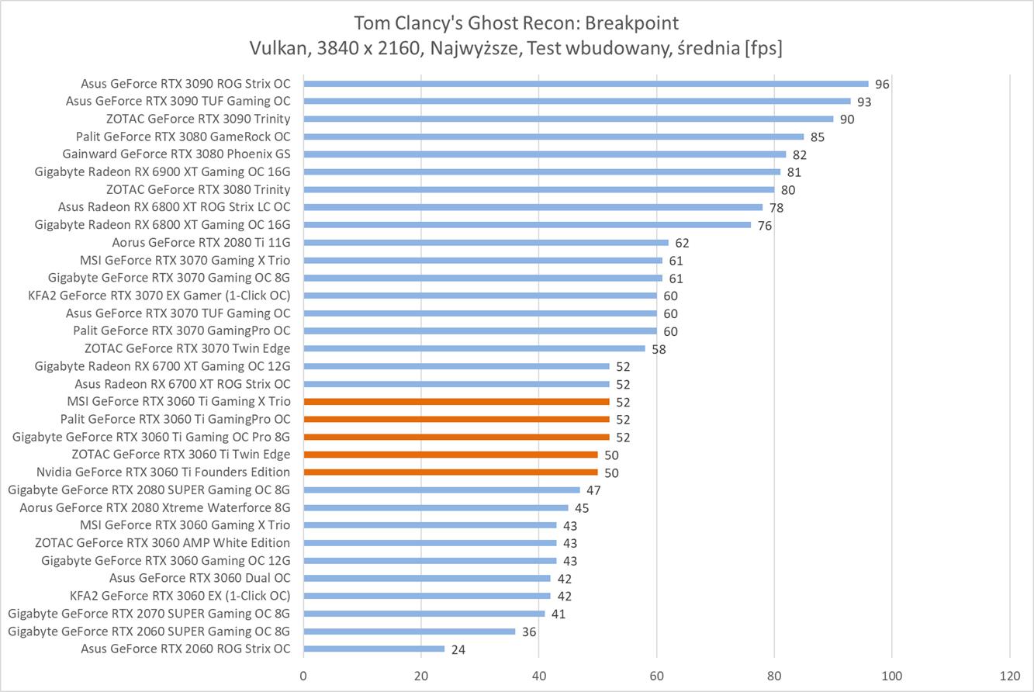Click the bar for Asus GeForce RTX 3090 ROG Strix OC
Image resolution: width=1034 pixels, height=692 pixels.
click(586, 84)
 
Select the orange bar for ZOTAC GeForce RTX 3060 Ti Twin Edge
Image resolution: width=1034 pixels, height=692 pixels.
click(450, 455)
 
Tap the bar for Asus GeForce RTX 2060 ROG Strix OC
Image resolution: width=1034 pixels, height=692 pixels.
click(374, 649)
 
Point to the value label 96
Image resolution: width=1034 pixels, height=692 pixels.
click(882, 85)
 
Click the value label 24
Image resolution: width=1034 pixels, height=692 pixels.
click(458, 649)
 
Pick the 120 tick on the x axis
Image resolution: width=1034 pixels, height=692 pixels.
click(1009, 675)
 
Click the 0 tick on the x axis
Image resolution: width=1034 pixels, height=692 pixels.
click(303, 675)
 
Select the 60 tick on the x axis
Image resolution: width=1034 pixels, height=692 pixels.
click(656, 675)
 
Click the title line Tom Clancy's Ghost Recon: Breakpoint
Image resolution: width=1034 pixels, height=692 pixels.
click(516, 22)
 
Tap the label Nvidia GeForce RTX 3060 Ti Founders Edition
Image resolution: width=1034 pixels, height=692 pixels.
click(163, 472)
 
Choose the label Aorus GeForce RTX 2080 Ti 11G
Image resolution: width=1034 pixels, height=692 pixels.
click(201, 243)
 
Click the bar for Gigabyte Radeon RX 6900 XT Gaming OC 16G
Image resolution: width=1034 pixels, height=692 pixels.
click(541, 172)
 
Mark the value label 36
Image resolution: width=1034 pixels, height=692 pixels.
click(528, 631)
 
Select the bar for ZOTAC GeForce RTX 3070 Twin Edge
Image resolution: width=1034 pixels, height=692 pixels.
click(474, 348)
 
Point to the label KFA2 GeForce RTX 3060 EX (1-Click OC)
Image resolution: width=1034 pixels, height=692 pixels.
click(180, 596)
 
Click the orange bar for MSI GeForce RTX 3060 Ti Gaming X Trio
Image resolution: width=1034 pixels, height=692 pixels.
click(456, 402)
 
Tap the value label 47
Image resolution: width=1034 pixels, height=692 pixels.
click(593, 490)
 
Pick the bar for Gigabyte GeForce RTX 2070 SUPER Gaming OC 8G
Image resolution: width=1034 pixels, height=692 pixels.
click(424, 614)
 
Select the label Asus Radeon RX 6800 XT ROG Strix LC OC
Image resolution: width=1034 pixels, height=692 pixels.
click(174, 207)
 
